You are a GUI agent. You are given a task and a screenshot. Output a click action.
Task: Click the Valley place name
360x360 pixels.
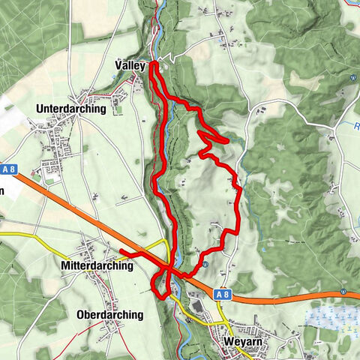(x=130, y=66)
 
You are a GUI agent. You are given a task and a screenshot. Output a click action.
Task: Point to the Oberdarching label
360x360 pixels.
(x=109, y=315)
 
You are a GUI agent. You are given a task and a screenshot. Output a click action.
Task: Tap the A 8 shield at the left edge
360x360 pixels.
(x=8, y=170)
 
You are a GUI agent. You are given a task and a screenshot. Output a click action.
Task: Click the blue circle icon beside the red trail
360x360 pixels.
(x=205, y=265)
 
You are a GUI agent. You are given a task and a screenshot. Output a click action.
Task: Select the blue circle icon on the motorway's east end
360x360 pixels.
(x=343, y=292)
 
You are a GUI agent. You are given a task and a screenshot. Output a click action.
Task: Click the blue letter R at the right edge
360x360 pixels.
(x=357, y=127)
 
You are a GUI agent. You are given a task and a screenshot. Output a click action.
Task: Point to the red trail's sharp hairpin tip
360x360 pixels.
(x=227, y=139)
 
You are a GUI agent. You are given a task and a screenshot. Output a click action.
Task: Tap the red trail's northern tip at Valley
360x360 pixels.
(x=153, y=64)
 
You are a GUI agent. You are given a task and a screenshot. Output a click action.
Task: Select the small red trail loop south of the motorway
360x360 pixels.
(x=158, y=286)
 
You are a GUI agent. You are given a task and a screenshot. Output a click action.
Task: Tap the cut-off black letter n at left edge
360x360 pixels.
(x=2, y=190)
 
